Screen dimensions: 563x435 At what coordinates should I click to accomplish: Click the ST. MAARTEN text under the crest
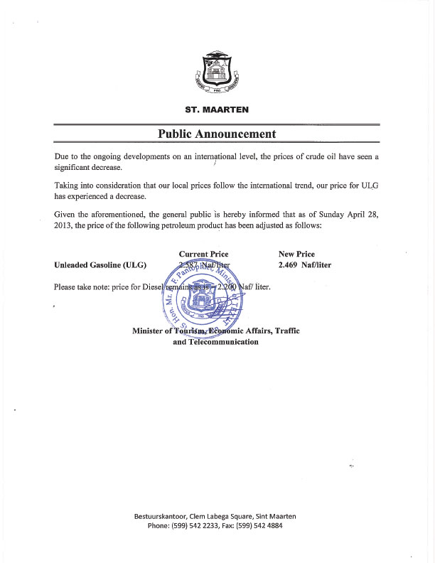pyautogui.click(x=217, y=109)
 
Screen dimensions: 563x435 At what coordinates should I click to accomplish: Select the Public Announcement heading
pyautogui.click(x=217, y=134)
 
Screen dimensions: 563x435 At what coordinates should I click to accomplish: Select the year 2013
pyautogui.click(x=65, y=226)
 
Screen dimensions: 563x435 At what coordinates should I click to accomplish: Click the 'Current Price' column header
pyautogui.click(x=203, y=254)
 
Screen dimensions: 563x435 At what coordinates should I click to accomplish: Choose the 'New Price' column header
pyautogui.click(x=296, y=254)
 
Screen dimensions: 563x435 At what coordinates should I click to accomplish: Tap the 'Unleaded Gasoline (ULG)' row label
pyautogui.click(x=100, y=265)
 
